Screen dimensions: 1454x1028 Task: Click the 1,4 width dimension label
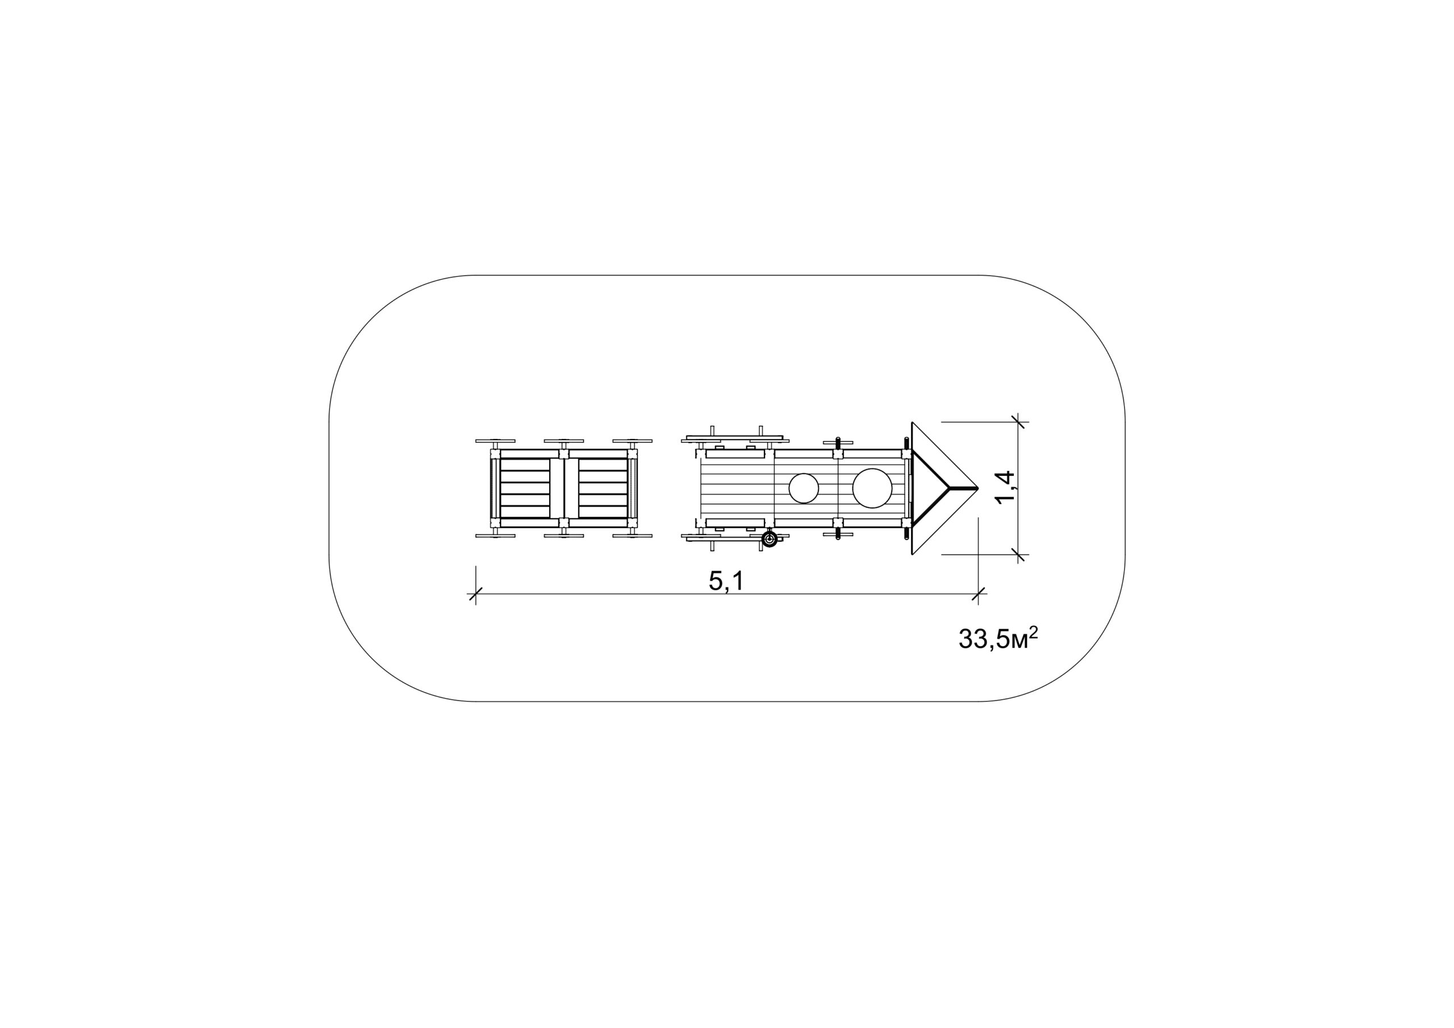(1005, 488)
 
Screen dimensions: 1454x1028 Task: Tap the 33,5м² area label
(998, 638)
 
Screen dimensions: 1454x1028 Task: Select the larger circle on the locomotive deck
(872, 488)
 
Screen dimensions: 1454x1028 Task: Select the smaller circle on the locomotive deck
(804, 488)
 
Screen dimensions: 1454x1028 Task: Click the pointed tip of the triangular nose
(979, 488)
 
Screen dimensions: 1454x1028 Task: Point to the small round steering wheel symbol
(770, 539)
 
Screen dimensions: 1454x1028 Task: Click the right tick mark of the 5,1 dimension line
(979, 594)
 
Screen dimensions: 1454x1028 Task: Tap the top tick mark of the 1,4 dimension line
(1018, 421)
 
